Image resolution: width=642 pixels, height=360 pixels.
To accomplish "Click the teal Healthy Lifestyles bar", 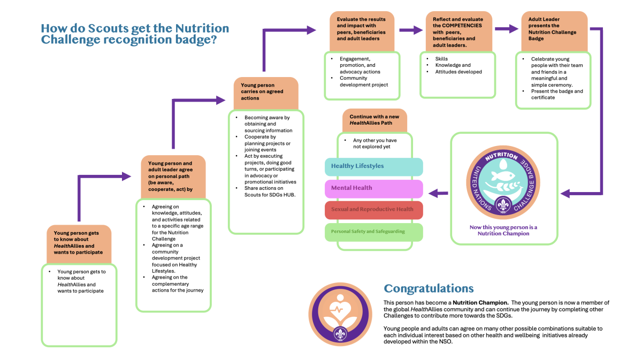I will [373, 166].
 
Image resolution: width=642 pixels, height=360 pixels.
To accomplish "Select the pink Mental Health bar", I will [373, 188].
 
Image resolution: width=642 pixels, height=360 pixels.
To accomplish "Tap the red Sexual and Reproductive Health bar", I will [373, 209].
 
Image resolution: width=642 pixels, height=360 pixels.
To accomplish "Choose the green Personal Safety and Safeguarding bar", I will [373, 232].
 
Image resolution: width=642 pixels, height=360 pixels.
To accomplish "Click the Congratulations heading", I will [429, 289].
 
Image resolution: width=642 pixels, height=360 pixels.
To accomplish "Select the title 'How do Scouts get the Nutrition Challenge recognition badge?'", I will [135, 34].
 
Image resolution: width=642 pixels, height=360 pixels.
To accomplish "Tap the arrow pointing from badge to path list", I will [440, 193].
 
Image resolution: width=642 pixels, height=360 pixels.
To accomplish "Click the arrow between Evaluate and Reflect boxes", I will [410, 30].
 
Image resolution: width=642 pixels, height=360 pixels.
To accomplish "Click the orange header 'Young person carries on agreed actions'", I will [265, 91].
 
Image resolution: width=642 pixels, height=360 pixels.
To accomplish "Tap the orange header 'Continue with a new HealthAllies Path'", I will [374, 120].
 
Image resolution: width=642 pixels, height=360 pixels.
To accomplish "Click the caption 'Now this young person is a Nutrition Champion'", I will [503, 231].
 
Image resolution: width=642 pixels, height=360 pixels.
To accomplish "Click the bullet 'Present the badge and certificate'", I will [556, 94].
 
